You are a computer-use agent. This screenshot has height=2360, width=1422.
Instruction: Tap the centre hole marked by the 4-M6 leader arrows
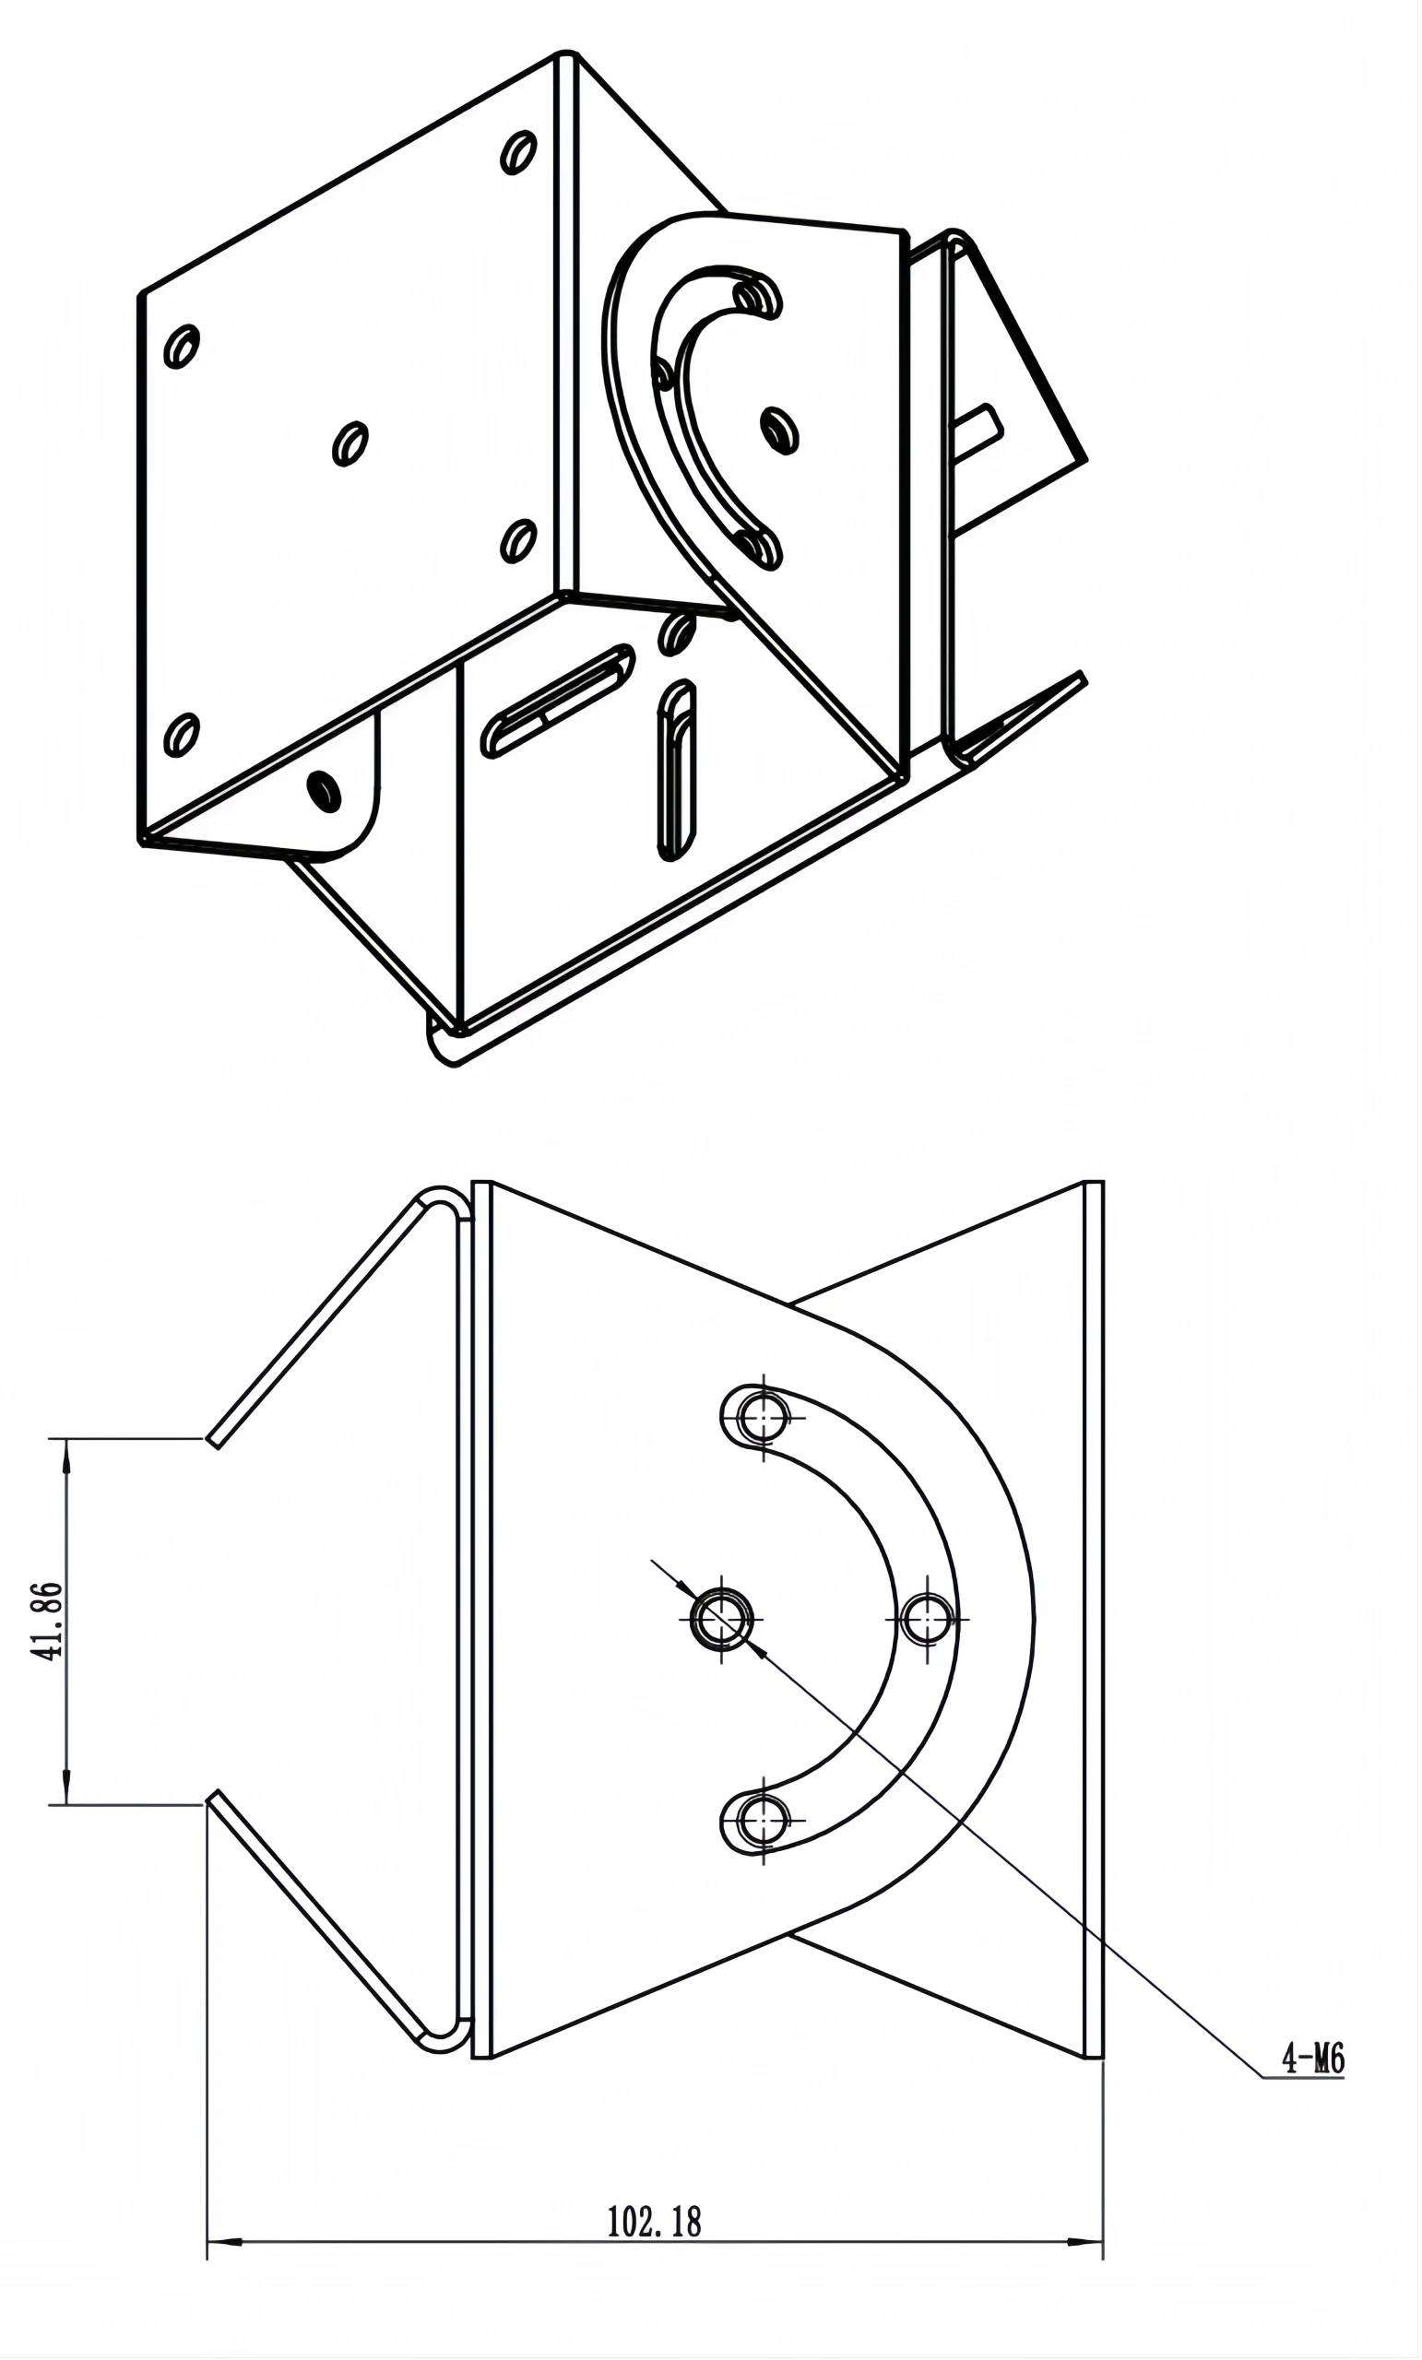click(x=721, y=1619)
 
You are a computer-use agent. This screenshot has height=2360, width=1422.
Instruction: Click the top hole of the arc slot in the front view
click(x=764, y=1417)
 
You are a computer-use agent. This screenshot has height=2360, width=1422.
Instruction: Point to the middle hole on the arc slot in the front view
click(x=927, y=1619)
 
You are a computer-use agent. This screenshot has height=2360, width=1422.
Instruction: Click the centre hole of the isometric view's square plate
click(x=350, y=443)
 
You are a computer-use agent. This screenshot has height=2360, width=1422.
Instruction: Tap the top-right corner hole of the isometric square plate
click(x=518, y=152)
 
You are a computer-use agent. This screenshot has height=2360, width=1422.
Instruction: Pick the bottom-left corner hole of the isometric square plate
click(x=181, y=735)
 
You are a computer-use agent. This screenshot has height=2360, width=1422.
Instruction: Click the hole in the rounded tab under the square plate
click(x=324, y=790)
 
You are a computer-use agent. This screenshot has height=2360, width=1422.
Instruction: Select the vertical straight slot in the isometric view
click(x=677, y=769)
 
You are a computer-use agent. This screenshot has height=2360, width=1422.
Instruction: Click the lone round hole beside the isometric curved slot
click(x=779, y=429)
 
